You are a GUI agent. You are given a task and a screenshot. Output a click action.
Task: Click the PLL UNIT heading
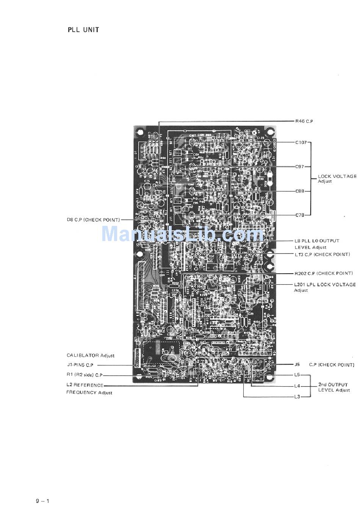(83, 30)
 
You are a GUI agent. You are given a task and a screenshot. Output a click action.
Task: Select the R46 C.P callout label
(304, 121)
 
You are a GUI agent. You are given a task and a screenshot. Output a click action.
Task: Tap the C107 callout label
(301, 143)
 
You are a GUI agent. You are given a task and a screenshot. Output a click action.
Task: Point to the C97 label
(300, 167)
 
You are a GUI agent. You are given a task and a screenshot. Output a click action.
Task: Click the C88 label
(300, 191)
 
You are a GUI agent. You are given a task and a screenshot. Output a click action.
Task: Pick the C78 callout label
(300, 215)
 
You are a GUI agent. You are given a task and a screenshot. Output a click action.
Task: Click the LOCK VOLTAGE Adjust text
(337, 179)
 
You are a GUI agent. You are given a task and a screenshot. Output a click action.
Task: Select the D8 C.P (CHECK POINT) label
(93, 220)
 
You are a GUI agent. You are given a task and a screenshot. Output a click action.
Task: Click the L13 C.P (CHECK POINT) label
(322, 254)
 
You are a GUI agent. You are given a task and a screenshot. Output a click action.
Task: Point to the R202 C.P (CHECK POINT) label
(324, 273)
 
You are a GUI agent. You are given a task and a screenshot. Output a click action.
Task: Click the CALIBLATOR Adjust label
(91, 356)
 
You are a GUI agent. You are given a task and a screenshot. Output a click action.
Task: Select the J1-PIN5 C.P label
(80, 365)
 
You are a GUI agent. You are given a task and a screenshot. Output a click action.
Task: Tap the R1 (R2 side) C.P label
(85, 375)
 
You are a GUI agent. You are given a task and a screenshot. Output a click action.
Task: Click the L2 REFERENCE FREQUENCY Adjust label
(89, 388)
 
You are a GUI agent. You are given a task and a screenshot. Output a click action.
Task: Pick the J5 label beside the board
(297, 365)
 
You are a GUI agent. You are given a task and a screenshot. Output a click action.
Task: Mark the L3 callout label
(297, 397)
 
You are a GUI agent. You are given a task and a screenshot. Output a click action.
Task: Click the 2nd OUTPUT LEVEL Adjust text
(334, 387)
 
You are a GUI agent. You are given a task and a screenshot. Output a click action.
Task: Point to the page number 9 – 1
(43, 501)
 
